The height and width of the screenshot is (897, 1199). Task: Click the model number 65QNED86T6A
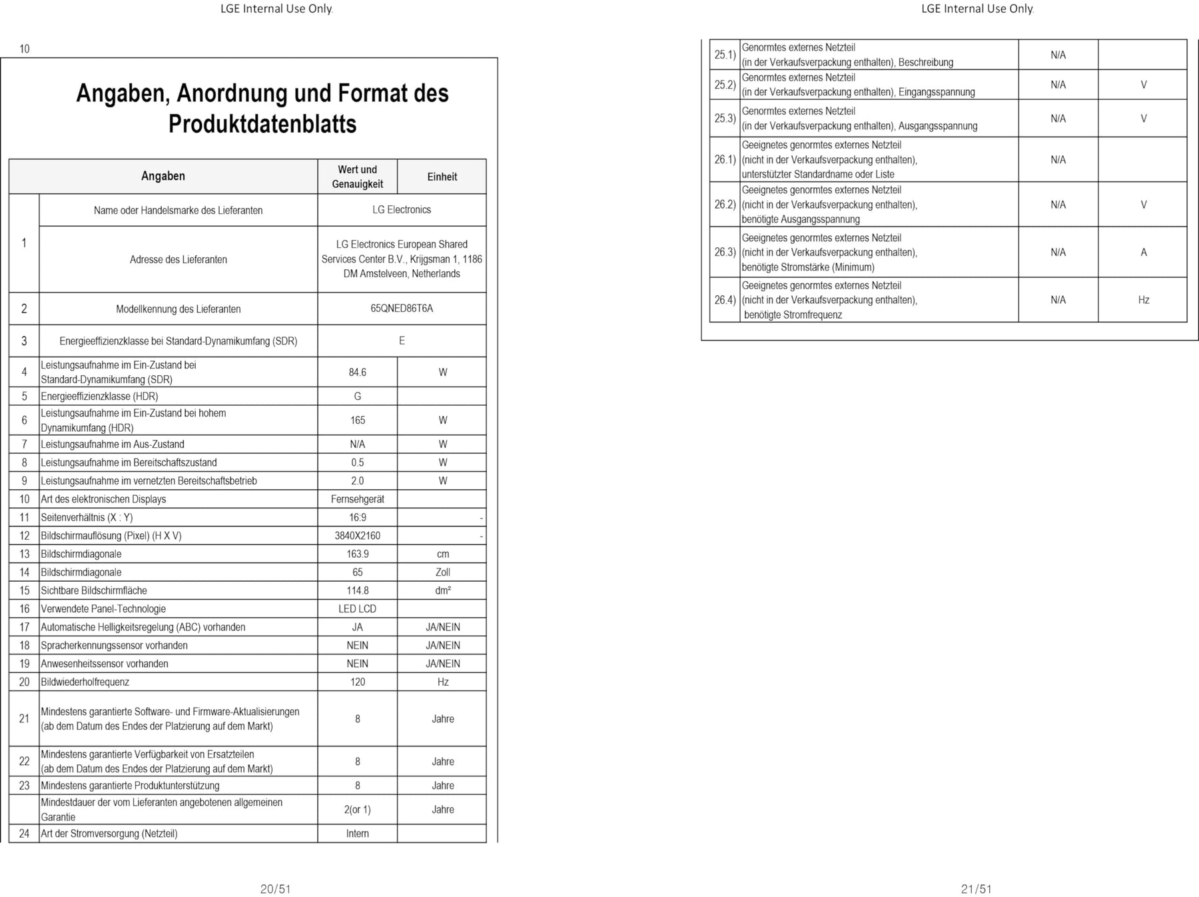click(402, 309)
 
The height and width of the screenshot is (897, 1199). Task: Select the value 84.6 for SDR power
click(357, 372)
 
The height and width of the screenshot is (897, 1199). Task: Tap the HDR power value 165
click(357, 421)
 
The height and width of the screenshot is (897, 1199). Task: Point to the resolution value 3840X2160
click(357, 536)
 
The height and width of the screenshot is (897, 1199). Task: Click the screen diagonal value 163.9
click(357, 554)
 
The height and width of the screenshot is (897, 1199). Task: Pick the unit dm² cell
click(443, 590)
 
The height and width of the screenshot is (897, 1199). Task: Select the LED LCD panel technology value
click(357, 609)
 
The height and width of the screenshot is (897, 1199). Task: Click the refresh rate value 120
click(357, 682)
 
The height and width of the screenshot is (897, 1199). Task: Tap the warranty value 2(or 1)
click(357, 810)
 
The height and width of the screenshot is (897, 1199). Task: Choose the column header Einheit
click(442, 177)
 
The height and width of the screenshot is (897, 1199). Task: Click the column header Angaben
click(163, 176)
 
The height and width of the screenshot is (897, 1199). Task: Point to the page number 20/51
click(275, 889)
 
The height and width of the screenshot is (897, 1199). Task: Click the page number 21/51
click(977, 889)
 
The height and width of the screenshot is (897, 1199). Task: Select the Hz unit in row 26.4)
click(1144, 300)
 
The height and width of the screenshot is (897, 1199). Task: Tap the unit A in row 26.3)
click(1144, 253)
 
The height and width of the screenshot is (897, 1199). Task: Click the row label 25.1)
click(725, 55)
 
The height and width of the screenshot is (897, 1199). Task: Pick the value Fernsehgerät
click(357, 499)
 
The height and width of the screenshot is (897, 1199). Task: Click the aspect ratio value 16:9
click(357, 517)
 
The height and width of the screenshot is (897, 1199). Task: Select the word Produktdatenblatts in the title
click(262, 124)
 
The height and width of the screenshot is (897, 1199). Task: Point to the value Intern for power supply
click(357, 834)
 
